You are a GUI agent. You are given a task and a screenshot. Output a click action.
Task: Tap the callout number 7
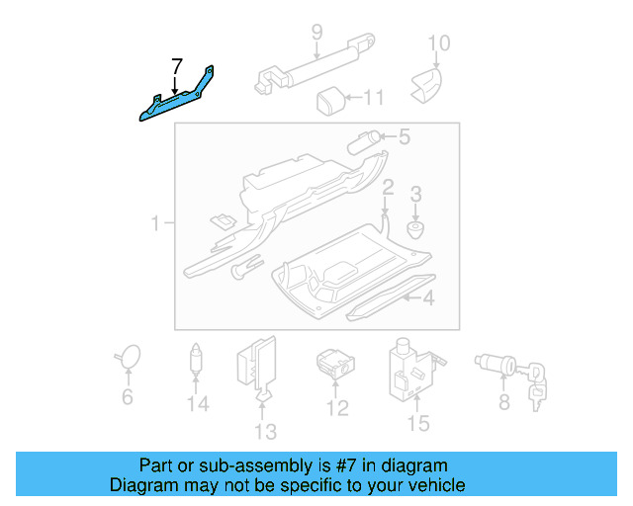pos(176,67)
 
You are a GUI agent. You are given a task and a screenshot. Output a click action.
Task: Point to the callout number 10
pos(438,42)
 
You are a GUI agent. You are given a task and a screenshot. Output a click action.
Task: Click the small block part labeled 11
pos(329,99)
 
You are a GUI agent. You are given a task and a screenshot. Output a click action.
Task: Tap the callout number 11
pos(373,98)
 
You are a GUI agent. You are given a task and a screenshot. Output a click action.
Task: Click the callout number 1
pos(155,225)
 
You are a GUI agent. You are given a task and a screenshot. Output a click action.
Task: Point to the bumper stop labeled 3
pos(416,229)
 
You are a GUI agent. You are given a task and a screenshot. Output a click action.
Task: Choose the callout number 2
pos(389,187)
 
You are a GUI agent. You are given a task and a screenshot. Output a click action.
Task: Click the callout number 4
pos(428,297)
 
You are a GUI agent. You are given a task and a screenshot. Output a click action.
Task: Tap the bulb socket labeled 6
pos(128,358)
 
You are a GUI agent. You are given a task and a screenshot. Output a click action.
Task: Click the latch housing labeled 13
pos(255,366)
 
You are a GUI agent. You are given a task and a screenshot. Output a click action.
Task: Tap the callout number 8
pos(503,401)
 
